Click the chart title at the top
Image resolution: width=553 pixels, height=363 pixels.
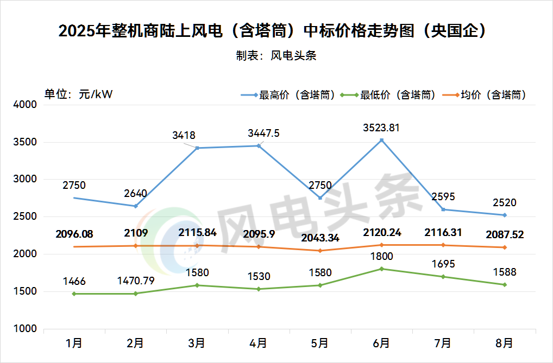tap(272, 31)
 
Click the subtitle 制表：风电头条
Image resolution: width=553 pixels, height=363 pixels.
tap(276, 55)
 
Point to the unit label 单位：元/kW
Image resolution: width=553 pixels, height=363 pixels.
tap(78, 94)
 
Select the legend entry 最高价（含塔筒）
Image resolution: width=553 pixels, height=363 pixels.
tap(287, 95)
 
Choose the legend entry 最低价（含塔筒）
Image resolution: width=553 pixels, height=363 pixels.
tap(389, 95)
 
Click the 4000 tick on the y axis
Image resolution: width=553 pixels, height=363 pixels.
tap(24, 105)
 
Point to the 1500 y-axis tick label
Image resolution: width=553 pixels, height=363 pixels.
tap(24, 292)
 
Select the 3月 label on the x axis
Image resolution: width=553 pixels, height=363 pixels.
tap(197, 343)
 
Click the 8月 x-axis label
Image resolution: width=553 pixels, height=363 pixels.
tap(504, 343)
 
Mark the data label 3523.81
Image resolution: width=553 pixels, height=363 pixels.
tap(381, 128)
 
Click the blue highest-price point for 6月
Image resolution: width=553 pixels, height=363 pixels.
tap(381, 140)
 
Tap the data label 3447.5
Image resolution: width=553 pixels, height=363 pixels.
tap(263, 133)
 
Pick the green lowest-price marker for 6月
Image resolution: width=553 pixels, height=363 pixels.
tap(381, 269)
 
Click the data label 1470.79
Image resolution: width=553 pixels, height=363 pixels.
tap(135, 281)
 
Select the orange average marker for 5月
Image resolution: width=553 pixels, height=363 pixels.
tap(320, 251)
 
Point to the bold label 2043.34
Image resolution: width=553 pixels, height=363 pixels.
tap(320, 239)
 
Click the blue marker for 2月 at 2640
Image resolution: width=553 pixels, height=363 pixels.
tap(135, 206)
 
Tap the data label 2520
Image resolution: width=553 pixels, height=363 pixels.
tap(505, 203)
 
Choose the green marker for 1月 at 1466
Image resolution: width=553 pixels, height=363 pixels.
tap(74, 294)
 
